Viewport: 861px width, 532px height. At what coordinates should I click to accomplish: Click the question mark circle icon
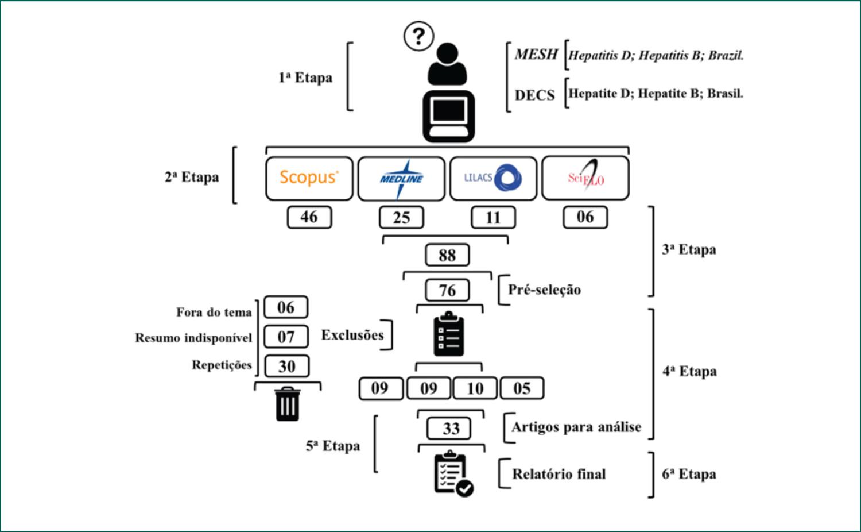click(x=418, y=36)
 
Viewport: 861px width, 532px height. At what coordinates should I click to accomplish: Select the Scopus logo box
click(x=309, y=178)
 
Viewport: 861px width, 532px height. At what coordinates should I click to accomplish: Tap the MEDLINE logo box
click(x=401, y=178)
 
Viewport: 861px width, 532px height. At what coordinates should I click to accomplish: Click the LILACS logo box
click(x=493, y=178)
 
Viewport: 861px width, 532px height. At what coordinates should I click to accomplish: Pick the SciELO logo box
click(x=585, y=178)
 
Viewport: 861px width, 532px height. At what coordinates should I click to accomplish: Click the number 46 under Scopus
click(x=309, y=217)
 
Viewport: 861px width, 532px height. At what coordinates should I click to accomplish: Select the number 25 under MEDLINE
click(x=401, y=218)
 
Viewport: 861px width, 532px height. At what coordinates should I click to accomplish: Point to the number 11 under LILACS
click(x=493, y=218)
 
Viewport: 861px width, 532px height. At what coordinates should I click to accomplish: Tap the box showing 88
click(x=447, y=255)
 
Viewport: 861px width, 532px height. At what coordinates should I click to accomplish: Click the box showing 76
click(x=447, y=290)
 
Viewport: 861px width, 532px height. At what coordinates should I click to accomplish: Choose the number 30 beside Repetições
click(x=286, y=366)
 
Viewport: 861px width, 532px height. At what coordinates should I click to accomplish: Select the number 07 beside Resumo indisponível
click(x=286, y=337)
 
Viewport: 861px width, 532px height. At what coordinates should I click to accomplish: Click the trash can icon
click(x=287, y=404)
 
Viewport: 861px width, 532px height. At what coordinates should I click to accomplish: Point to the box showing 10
click(x=475, y=389)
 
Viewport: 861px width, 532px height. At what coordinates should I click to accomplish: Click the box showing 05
click(x=522, y=389)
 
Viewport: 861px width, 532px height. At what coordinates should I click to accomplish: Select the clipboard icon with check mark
click(x=453, y=475)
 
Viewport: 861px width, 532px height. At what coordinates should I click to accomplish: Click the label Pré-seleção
click(x=544, y=290)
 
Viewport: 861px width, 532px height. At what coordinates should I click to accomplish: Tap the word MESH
click(x=536, y=55)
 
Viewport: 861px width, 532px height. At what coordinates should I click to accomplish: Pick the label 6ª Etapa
click(x=689, y=475)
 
